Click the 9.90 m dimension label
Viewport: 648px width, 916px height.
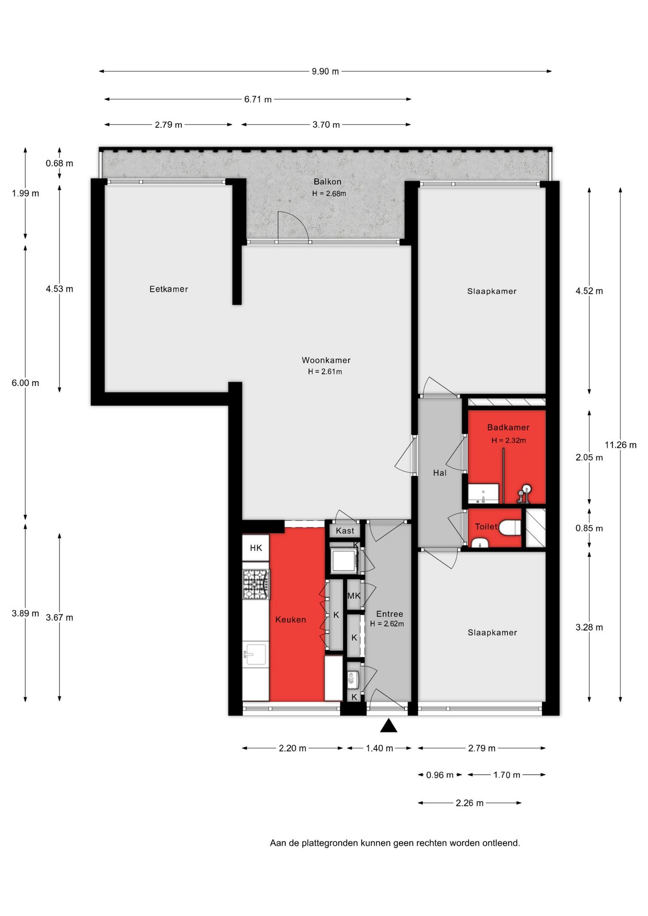click(x=325, y=72)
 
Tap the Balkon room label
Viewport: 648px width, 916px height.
click(x=327, y=182)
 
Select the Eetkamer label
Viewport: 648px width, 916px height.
click(x=169, y=289)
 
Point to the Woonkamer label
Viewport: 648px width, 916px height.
click(x=326, y=361)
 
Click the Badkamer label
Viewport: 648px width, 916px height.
click(x=508, y=427)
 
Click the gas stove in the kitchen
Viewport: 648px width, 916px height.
click(x=256, y=584)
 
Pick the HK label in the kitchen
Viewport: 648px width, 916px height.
click(x=256, y=548)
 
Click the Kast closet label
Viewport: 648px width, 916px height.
click(x=345, y=531)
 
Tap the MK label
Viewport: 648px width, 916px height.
click(x=354, y=596)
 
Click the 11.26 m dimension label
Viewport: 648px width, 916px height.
click(x=621, y=445)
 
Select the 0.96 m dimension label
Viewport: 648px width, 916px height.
click(x=440, y=775)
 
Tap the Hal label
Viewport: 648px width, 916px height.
click(x=440, y=473)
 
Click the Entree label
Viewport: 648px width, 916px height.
click(x=389, y=614)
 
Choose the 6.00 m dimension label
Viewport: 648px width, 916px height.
click(x=26, y=383)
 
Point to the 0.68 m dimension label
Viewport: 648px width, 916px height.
click(x=60, y=164)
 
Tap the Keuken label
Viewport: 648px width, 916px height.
click(x=291, y=620)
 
